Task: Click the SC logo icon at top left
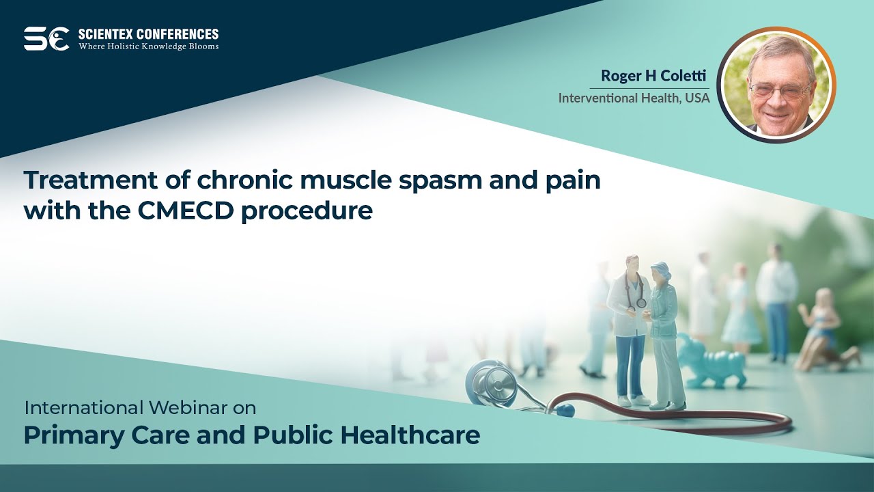pos(46,38)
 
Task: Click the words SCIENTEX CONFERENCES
pos(148,33)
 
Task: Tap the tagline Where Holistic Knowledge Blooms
pos(148,46)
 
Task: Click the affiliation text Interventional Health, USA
pos(634,98)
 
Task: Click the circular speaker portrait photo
pos(776,85)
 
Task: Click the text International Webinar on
pos(140,408)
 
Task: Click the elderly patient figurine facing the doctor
pos(664,335)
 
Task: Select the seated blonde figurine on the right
pos(824,331)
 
